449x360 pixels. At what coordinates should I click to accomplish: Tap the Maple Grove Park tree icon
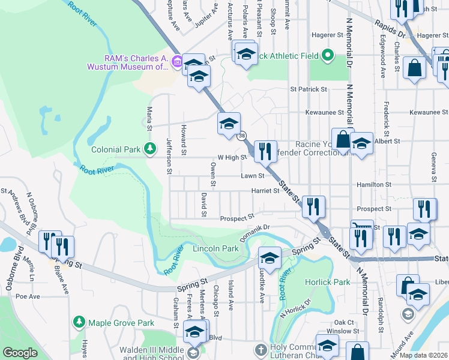pyautogui.click(x=79, y=323)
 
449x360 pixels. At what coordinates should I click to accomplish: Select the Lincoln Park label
pyautogui.click(x=215, y=248)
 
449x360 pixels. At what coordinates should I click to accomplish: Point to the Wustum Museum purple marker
pyautogui.click(x=176, y=61)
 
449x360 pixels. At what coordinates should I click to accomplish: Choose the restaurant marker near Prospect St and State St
pyautogui.click(x=313, y=207)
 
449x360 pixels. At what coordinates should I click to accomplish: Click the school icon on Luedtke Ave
pyautogui.click(x=270, y=258)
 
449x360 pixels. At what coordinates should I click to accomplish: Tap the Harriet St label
pyautogui.click(x=268, y=191)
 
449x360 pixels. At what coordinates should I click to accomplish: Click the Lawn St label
pyautogui.click(x=253, y=176)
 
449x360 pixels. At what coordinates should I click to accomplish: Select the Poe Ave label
pyautogui.click(x=28, y=296)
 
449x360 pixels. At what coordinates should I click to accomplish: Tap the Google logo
pyautogui.click(x=20, y=353)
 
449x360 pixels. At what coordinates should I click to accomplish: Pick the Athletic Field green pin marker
pyautogui.click(x=327, y=56)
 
